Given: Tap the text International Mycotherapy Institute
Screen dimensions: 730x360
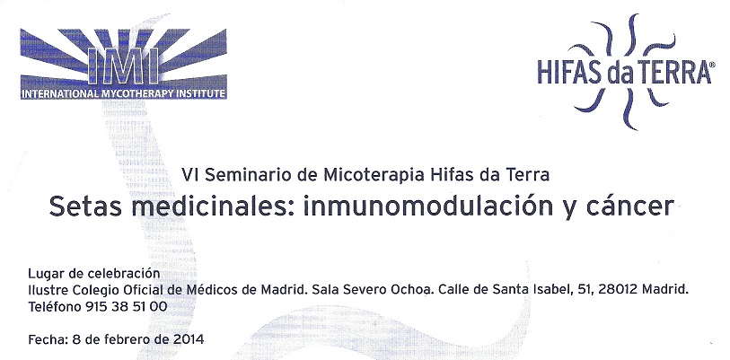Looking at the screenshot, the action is (x=123, y=93).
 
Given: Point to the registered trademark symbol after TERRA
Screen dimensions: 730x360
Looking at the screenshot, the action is (x=709, y=66).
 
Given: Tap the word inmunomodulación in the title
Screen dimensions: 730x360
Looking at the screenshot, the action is (x=421, y=206).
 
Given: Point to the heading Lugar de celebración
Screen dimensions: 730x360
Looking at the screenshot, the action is (x=94, y=273).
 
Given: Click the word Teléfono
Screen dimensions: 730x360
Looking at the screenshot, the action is (x=55, y=307).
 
